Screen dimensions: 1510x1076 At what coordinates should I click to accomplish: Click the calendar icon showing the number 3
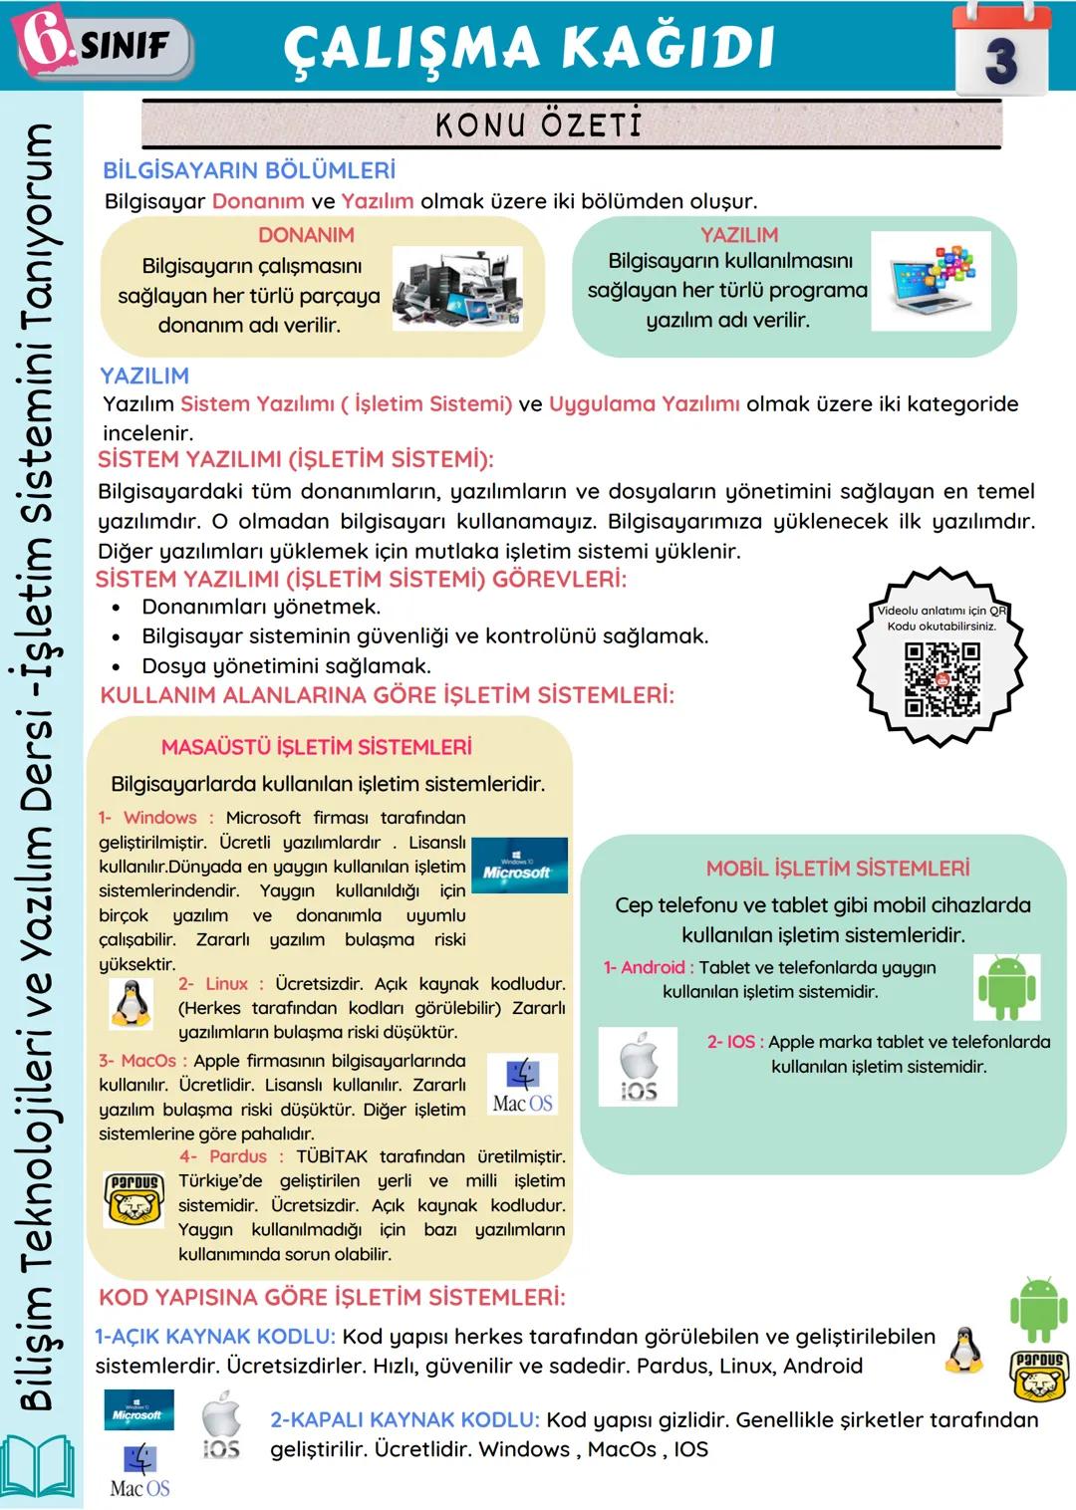point(1000,50)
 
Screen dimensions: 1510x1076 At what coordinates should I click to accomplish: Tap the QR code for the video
point(941,679)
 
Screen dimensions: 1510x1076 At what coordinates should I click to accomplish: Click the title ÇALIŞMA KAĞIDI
point(529,48)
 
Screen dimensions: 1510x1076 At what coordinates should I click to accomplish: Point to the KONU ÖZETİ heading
point(538,125)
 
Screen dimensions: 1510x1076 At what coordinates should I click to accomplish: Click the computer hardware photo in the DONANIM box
point(457,288)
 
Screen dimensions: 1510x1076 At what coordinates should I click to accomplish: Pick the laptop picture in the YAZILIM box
point(931,281)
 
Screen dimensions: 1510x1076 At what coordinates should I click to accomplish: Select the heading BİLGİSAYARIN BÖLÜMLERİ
point(249,170)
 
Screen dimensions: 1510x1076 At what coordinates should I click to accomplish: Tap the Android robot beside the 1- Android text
point(1006,987)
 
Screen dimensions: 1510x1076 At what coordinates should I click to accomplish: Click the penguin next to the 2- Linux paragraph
point(132,1003)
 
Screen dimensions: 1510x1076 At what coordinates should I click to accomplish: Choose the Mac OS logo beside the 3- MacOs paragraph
point(523,1085)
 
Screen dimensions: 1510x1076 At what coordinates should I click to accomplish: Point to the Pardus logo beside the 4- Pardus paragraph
point(134,1198)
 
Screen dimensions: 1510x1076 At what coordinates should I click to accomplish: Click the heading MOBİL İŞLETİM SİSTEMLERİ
point(838,869)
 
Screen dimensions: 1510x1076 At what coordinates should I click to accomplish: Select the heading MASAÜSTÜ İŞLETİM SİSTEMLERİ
point(317,747)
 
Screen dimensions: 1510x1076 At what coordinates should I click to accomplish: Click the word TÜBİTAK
point(332,1156)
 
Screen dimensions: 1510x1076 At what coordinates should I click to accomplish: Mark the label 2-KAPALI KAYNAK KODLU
point(404,1420)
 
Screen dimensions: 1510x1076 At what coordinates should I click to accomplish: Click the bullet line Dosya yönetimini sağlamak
point(286,665)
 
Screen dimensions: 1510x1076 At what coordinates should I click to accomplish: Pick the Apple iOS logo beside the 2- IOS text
point(638,1068)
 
